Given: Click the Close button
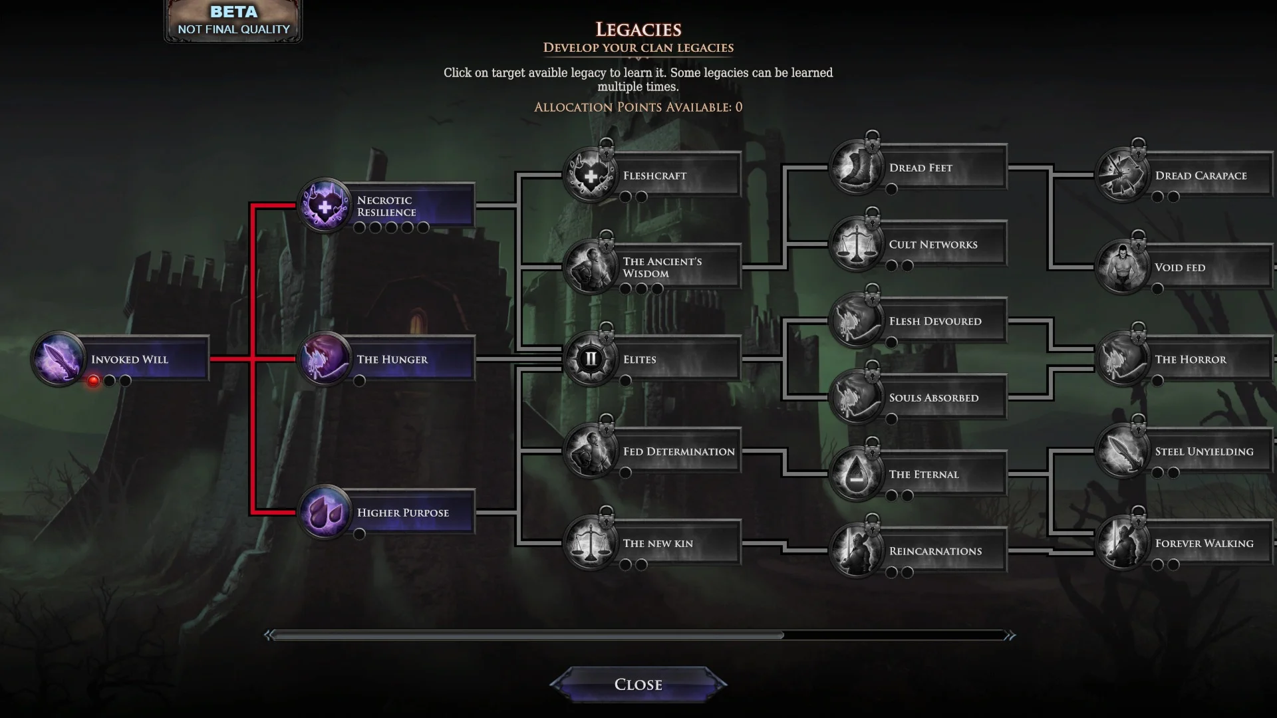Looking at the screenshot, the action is coord(638,684).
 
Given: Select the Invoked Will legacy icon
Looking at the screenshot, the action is coord(59,359).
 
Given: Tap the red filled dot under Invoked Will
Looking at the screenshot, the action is coord(94,381).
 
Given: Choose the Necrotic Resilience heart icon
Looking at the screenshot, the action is coord(325,205).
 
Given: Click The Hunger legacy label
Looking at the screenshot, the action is coord(392,360).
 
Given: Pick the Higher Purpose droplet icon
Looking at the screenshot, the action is coord(325,513).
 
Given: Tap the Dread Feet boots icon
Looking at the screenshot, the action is coord(857,168).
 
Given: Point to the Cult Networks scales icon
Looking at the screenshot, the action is coord(857,245).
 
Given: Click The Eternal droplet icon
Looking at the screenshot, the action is coord(857,475).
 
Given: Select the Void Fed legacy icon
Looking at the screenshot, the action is coord(1123,267).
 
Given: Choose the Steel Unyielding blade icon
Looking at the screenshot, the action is coord(1123,451).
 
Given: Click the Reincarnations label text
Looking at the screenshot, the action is coord(935,551).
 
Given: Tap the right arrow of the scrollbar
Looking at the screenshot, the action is coord(1010,636).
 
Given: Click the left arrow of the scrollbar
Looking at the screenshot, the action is coord(269,636).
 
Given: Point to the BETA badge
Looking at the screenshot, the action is coord(233,21).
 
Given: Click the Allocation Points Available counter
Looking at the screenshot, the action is coord(638,107).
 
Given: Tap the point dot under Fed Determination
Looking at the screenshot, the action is coord(625,473).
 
